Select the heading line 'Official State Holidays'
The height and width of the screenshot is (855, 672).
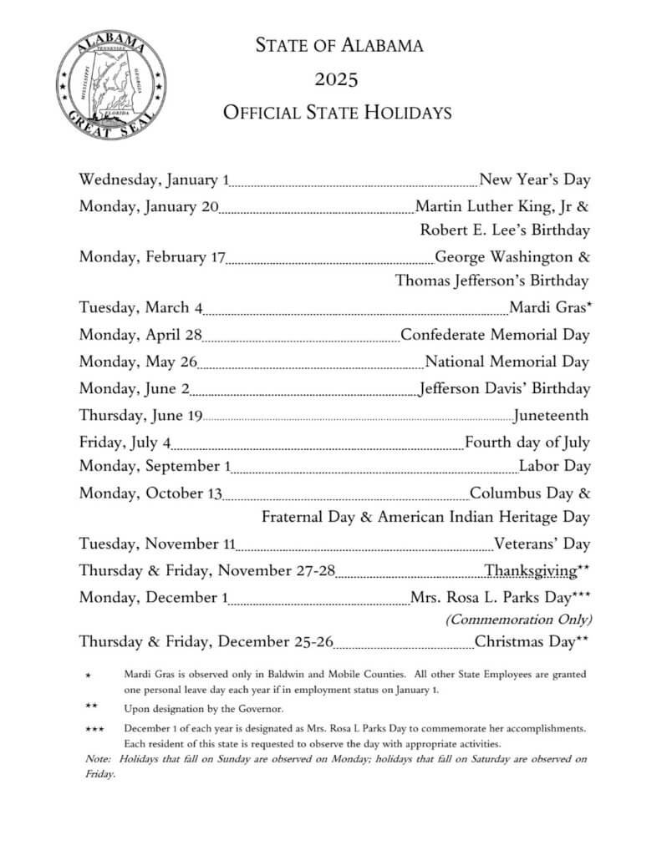coord(337,112)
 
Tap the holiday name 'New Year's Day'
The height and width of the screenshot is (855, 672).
coord(535,180)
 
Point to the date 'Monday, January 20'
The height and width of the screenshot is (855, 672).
coord(149,206)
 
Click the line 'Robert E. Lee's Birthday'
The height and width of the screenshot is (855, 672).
coord(505,230)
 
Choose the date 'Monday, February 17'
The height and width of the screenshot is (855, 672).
coord(152,256)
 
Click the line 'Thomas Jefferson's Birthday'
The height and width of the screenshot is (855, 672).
coord(491,281)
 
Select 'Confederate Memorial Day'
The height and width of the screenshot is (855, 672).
coord(495,335)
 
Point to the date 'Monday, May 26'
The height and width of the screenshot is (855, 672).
coord(138,362)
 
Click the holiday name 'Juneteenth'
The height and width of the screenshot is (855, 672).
coord(551,415)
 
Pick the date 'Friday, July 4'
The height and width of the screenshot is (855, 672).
coord(125,442)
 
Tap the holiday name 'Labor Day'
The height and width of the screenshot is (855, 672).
coord(554,466)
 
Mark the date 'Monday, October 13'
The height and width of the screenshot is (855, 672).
coord(150,493)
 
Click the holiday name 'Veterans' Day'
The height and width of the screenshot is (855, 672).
coord(542,544)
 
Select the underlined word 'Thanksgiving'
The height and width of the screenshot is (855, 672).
coord(530,571)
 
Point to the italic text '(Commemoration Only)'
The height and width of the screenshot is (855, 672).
coord(518,620)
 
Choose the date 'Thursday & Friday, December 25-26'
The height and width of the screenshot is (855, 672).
coord(206,642)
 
